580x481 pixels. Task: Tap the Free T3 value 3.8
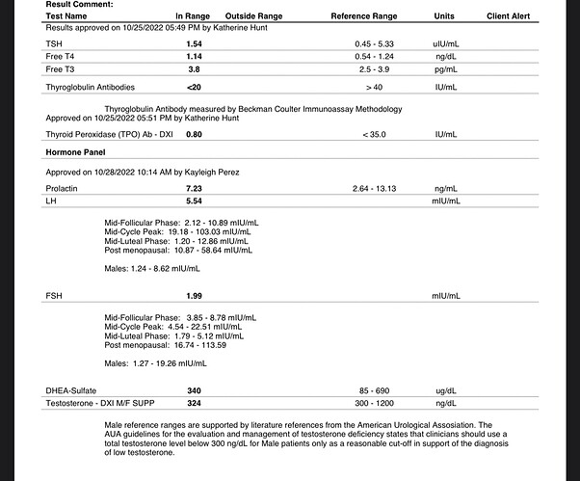pos(192,69)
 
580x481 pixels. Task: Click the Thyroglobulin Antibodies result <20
pos(193,88)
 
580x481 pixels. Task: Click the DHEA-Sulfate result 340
pos(193,389)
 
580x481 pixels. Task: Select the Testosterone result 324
pos(193,402)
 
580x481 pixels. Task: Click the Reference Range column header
pos(363,16)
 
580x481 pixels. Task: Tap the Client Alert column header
pos(508,16)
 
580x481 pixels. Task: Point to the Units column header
pos(444,16)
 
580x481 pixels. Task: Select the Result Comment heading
pos(78,5)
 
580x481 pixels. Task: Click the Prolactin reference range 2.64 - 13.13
pos(376,188)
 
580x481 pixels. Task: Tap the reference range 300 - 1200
pos(376,402)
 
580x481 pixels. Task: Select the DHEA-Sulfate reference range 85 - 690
pos(376,389)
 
